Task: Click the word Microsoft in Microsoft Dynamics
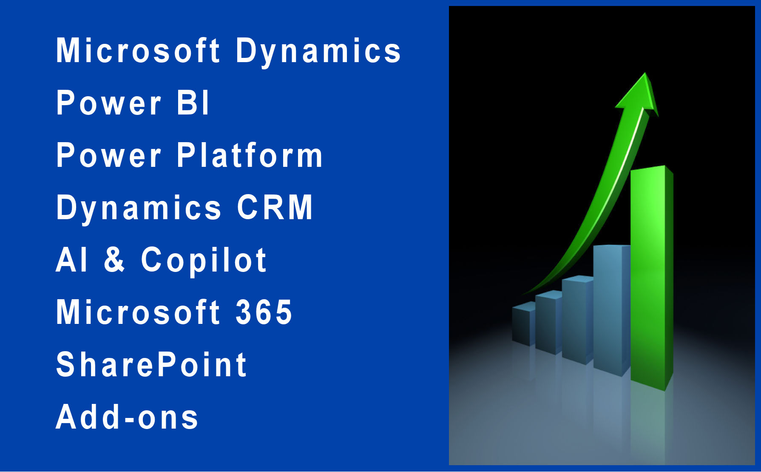(x=138, y=50)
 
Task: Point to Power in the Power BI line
(x=109, y=103)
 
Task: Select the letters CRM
(x=275, y=207)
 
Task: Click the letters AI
(x=71, y=260)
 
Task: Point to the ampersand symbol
(x=114, y=260)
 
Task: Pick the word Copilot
(x=204, y=260)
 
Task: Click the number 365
(x=264, y=312)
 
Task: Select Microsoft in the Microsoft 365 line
(x=138, y=312)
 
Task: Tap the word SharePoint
(x=151, y=364)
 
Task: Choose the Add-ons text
(x=127, y=417)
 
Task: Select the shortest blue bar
(x=524, y=324)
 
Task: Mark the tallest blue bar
(x=612, y=310)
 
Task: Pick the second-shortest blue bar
(x=548, y=322)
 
